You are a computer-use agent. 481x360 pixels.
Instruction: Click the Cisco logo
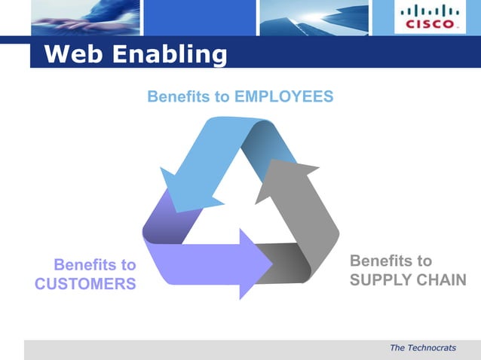coord(430,17)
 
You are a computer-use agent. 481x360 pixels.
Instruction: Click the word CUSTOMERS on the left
coord(85,283)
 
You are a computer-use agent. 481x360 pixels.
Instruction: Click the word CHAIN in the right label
coord(442,280)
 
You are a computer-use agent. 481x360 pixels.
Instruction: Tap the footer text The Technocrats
coord(423,347)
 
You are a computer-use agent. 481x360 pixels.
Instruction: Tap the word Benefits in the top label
coord(188,97)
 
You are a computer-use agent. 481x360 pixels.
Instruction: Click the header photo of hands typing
coord(84,17)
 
